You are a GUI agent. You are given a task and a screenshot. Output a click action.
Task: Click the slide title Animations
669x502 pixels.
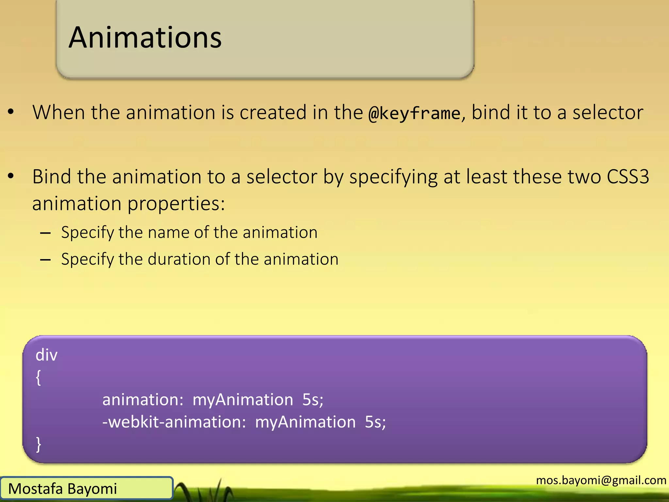(x=145, y=38)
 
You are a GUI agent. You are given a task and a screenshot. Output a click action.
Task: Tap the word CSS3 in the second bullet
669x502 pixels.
(x=628, y=177)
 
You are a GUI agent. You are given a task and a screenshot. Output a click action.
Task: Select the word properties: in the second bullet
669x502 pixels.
(x=176, y=204)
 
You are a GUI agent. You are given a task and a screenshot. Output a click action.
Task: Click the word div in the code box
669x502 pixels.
(x=46, y=355)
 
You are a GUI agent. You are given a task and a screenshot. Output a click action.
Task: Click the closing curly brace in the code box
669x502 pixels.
(x=38, y=444)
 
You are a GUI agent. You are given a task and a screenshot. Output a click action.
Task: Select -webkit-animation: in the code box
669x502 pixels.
(x=174, y=422)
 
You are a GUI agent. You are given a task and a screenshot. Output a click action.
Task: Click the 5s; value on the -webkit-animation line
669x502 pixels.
(x=375, y=422)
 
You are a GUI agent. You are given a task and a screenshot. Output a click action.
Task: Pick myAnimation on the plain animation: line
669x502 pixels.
(x=243, y=400)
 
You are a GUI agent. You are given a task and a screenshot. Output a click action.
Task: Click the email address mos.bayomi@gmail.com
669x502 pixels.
(x=601, y=480)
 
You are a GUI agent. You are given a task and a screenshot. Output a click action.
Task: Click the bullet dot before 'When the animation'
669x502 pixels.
(x=11, y=112)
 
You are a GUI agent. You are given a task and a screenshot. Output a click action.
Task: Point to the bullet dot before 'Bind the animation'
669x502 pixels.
(x=11, y=176)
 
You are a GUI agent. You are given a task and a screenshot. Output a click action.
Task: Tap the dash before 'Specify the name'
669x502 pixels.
(x=45, y=233)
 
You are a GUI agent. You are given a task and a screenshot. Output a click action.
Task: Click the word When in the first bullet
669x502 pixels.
(x=59, y=112)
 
